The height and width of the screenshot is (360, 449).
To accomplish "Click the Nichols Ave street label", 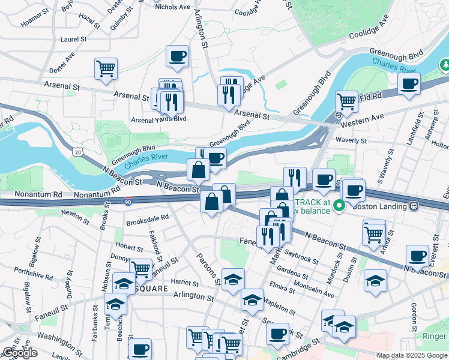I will point(172,7).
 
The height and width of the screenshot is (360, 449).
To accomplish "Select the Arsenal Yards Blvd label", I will point(158,119).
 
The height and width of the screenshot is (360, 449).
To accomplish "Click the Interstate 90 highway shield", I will point(128,203).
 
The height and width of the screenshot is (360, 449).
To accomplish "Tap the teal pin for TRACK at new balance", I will point(339,206).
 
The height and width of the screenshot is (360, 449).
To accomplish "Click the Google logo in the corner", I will point(20,353).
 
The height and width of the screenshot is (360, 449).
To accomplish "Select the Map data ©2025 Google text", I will point(412,355).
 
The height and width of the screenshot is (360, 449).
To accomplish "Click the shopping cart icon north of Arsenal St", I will point(106,68).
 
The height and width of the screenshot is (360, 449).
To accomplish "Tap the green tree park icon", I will point(445,63).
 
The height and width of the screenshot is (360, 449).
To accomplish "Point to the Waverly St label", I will point(351,140).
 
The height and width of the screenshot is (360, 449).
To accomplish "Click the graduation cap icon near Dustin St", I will point(375,280).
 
